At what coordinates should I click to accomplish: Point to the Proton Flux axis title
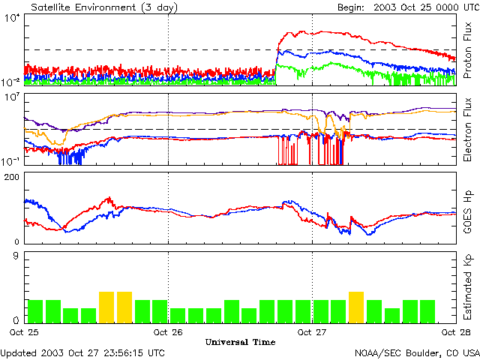(x=469, y=51)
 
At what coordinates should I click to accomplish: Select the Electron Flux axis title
(x=469, y=129)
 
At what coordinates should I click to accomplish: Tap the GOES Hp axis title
(x=469, y=207)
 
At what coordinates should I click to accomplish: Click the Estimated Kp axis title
(x=469, y=287)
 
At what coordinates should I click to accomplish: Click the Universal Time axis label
(x=240, y=342)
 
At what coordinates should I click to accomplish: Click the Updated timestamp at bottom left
(x=82, y=352)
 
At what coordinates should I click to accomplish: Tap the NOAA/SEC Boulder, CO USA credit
(x=417, y=352)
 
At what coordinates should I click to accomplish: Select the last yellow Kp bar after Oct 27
(x=356, y=307)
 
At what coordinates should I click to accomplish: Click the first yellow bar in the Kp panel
(x=106, y=307)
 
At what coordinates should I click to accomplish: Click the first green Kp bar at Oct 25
(x=34, y=310)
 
